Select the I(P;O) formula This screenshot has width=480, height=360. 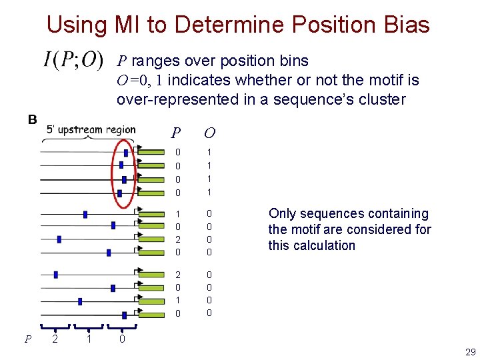click(x=73, y=61)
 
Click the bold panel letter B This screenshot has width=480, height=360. click(x=32, y=120)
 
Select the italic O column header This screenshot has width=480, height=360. click(x=209, y=132)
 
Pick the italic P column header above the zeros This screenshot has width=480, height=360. click(x=176, y=132)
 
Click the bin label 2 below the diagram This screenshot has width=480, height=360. click(x=55, y=339)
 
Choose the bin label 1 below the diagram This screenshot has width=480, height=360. click(x=89, y=339)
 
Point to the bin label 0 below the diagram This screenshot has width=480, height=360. click(x=121, y=339)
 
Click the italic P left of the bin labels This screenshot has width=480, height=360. click(x=27, y=339)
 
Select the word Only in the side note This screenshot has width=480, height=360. click(x=282, y=213)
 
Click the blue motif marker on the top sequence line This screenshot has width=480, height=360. click(x=126, y=153)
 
